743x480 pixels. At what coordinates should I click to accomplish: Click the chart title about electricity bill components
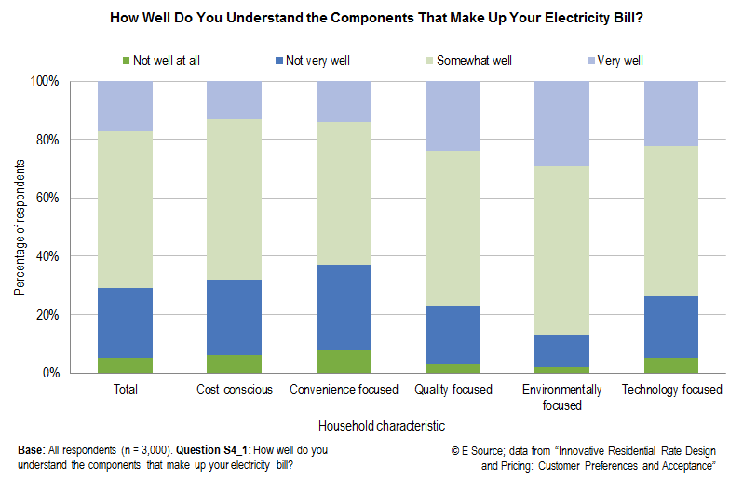tap(371, 17)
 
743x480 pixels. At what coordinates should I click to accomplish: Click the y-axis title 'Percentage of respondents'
tap(20, 227)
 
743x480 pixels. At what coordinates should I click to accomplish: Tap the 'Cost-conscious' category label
tap(235, 390)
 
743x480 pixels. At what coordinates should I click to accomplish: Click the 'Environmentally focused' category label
tap(562, 397)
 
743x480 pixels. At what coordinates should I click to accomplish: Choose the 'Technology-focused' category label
tap(671, 390)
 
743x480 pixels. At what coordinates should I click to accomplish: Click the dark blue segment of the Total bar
tap(125, 322)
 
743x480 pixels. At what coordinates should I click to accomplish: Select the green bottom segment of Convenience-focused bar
tap(344, 361)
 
